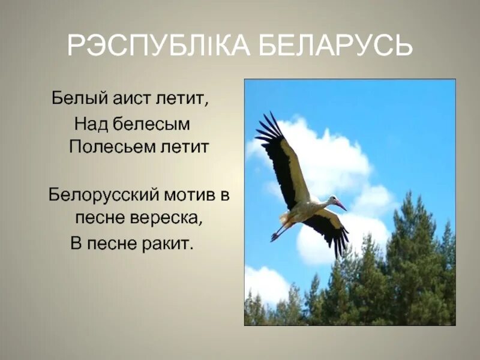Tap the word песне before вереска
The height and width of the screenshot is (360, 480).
pyautogui.click(x=100, y=217)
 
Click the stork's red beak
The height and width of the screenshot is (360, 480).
pyautogui.click(x=341, y=205)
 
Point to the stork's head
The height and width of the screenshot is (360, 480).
pyautogui.click(x=331, y=200)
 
